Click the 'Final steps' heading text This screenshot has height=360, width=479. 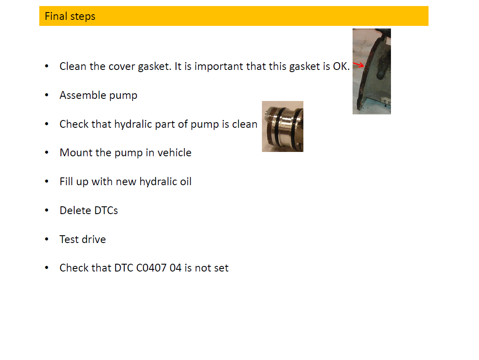point(70,16)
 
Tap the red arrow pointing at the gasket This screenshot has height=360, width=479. point(359,65)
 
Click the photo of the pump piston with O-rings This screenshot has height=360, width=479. point(283,126)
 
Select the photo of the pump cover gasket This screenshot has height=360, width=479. point(372,72)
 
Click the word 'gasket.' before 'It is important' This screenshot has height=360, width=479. point(154,66)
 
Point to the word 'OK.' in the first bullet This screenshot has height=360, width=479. point(341,66)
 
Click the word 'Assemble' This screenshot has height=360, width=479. point(83,95)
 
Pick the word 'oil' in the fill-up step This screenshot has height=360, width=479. point(186,182)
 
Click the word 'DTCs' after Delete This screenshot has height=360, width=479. point(106,211)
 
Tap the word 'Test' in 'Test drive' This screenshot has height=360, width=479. point(69,239)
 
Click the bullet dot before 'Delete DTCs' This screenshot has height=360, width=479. point(47,210)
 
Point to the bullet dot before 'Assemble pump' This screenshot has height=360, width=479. point(47,95)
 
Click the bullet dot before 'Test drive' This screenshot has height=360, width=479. point(47,239)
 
